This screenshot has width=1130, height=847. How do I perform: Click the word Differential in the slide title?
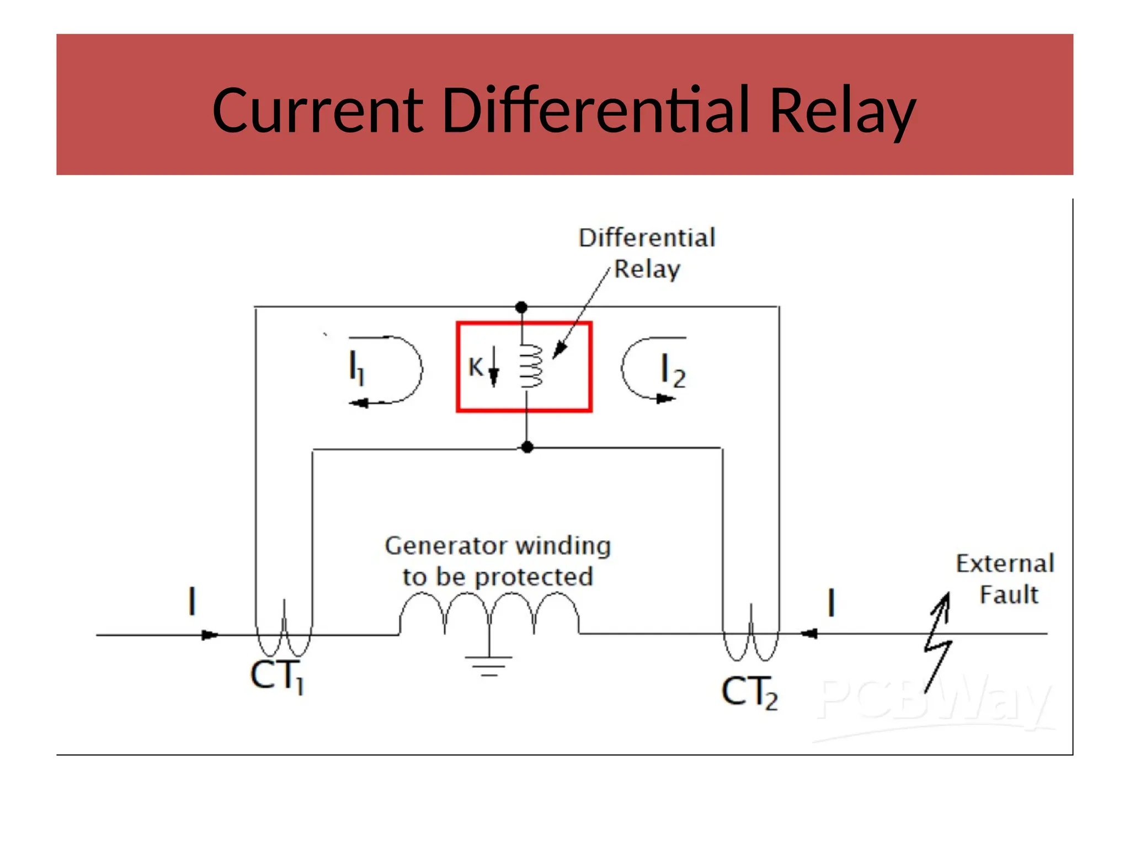(596, 110)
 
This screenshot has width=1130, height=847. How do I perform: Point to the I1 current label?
(356, 368)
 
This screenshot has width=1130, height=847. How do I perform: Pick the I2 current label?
(673, 371)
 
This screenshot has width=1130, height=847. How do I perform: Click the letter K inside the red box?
(475, 367)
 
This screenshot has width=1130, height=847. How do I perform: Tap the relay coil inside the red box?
(531, 367)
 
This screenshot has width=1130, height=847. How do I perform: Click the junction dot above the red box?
(521, 307)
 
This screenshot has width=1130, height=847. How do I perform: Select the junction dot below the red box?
(527, 447)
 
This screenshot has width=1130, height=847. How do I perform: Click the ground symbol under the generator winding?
(489, 664)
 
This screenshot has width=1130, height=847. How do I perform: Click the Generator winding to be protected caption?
(498, 561)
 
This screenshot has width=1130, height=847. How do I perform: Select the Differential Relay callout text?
(647, 253)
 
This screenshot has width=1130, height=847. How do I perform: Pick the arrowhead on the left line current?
(210, 635)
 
